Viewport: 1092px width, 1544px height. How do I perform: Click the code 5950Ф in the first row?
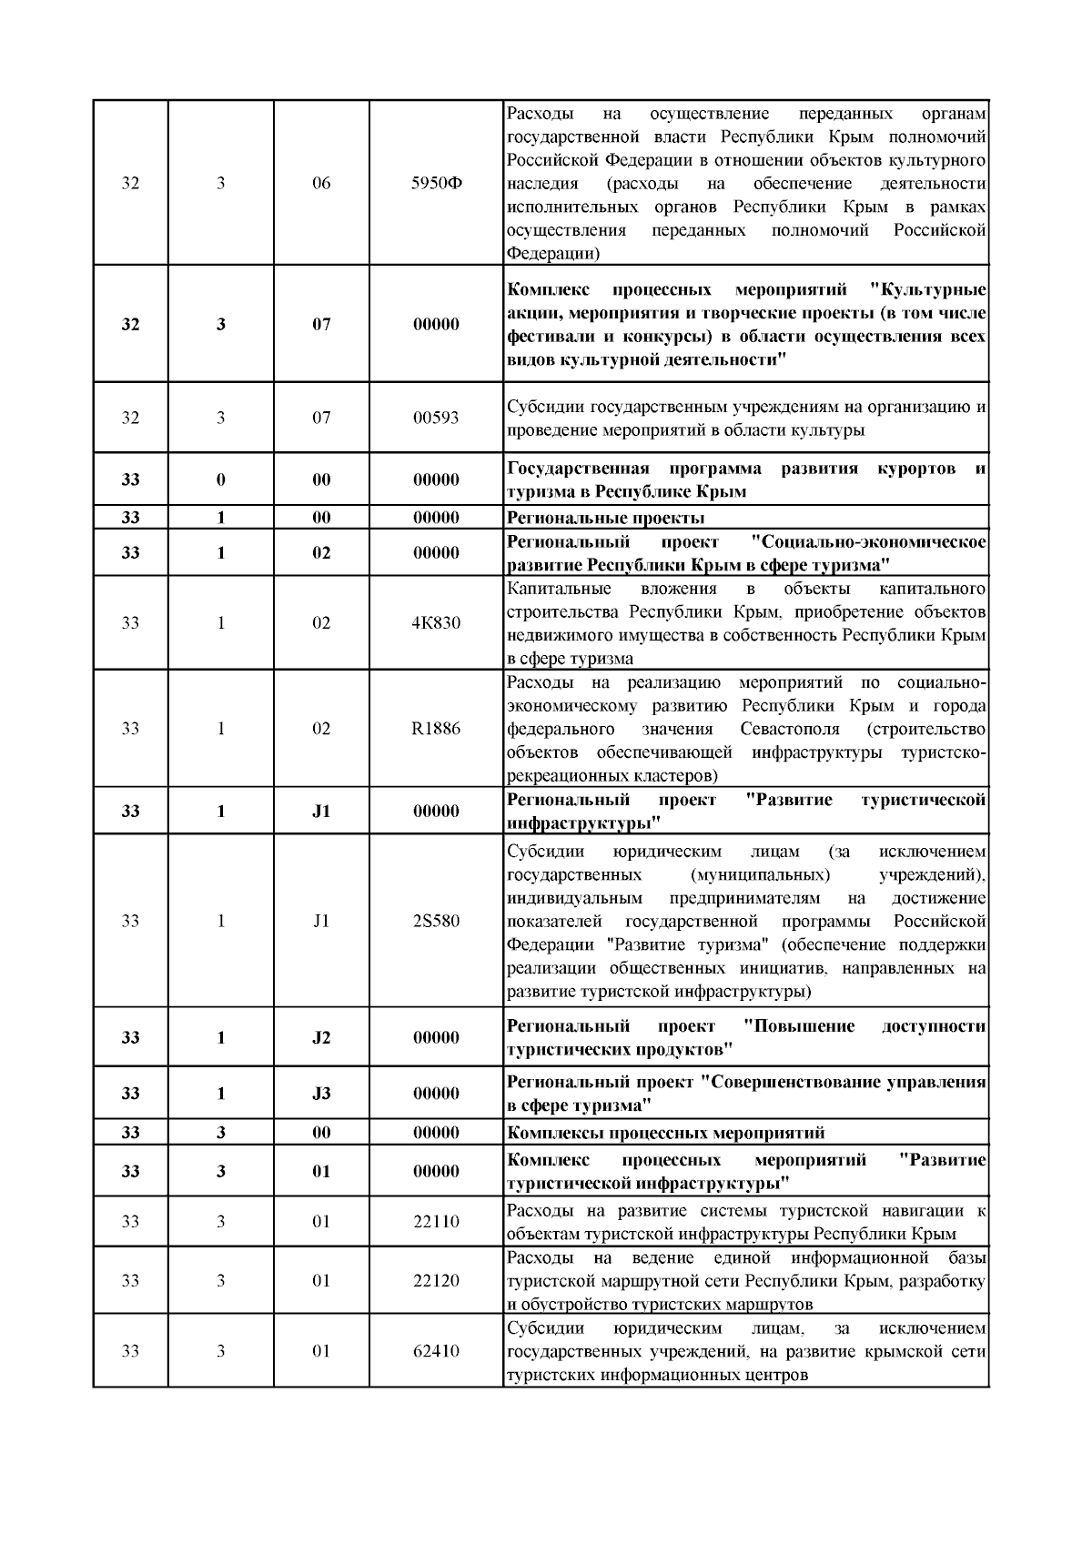pyautogui.click(x=436, y=183)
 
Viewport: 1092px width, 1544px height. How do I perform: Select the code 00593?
pyautogui.click(x=436, y=418)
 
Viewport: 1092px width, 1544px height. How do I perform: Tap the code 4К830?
pyautogui.click(x=436, y=623)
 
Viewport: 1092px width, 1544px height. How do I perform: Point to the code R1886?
pyautogui.click(x=436, y=729)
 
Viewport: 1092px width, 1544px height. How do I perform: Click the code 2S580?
pyautogui.click(x=436, y=921)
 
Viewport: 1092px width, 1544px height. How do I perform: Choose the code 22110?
pyautogui.click(x=436, y=1221)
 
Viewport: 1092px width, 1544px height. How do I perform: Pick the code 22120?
pyautogui.click(x=436, y=1280)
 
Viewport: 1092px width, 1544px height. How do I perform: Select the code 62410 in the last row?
pyautogui.click(x=436, y=1350)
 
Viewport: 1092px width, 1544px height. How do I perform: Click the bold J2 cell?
pyautogui.click(x=321, y=1037)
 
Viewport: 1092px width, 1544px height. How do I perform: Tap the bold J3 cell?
pyautogui.click(x=321, y=1094)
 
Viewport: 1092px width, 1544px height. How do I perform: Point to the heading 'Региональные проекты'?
pyautogui.click(x=605, y=518)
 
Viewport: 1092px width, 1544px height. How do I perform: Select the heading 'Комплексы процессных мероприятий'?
pyautogui.click(x=665, y=1133)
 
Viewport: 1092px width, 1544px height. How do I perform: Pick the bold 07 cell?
pyautogui.click(x=321, y=324)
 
